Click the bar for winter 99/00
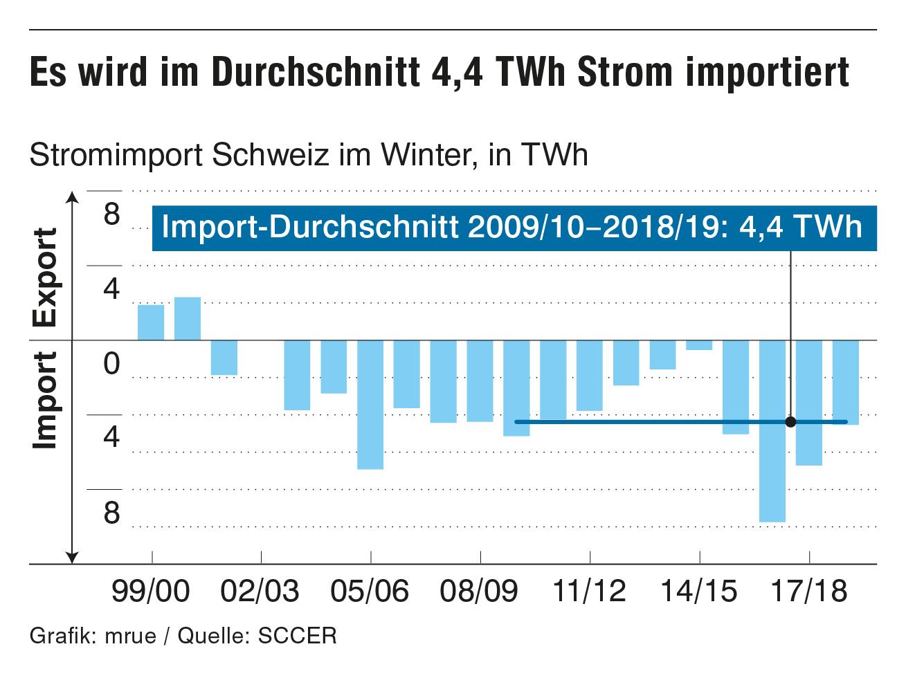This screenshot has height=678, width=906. coord(151,322)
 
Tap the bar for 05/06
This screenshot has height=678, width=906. coord(370,405)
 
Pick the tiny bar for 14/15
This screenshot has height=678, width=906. coord(699,345)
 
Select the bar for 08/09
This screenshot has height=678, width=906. coord(480,381)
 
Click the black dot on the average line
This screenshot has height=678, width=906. coord(791,421)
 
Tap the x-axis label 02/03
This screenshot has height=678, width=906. coord(261,592)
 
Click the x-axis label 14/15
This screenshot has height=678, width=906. coord(700,592)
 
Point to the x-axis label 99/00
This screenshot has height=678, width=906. coord(152,592)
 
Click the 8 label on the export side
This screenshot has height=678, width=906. coord(111,214)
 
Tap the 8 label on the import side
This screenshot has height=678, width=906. coord(111,513)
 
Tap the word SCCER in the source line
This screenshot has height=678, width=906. coord(297,635)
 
